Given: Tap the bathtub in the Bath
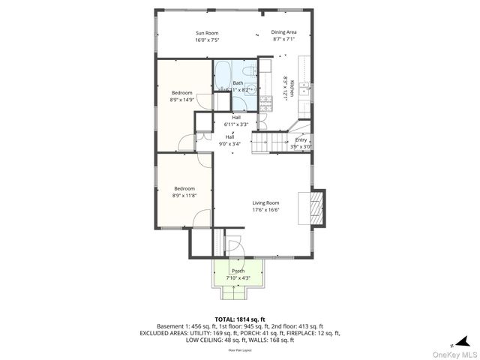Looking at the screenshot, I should [223, 76].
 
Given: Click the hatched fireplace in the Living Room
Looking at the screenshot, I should [319, 207].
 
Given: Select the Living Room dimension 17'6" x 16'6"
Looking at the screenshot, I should [265, 210].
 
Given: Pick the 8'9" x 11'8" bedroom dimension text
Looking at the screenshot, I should [184, 195].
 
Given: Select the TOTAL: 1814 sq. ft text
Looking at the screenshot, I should [238, 319].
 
